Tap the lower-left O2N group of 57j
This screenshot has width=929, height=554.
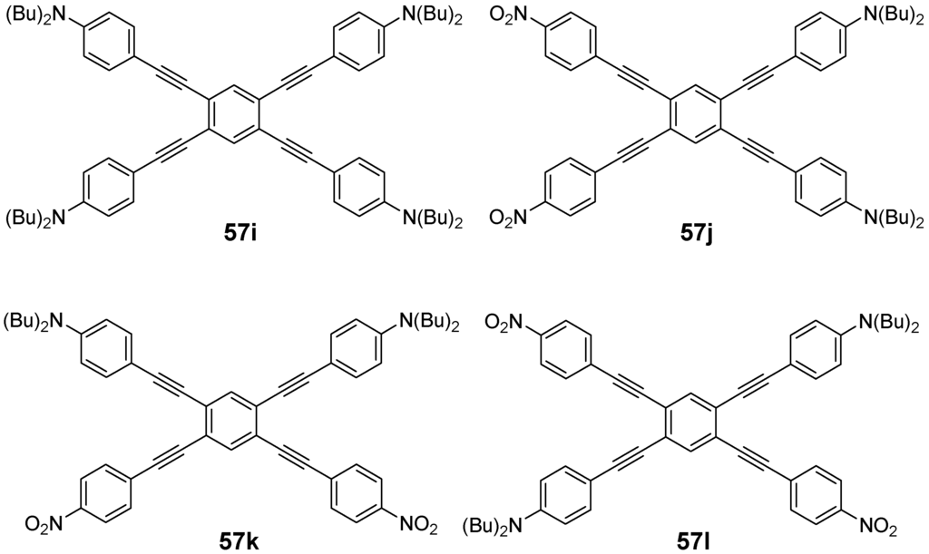coord(513,218)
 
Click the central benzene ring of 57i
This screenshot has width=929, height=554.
coord(234,115)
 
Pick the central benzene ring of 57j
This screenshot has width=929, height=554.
coord(697,115)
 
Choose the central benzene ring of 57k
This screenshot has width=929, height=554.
coord(234,417)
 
